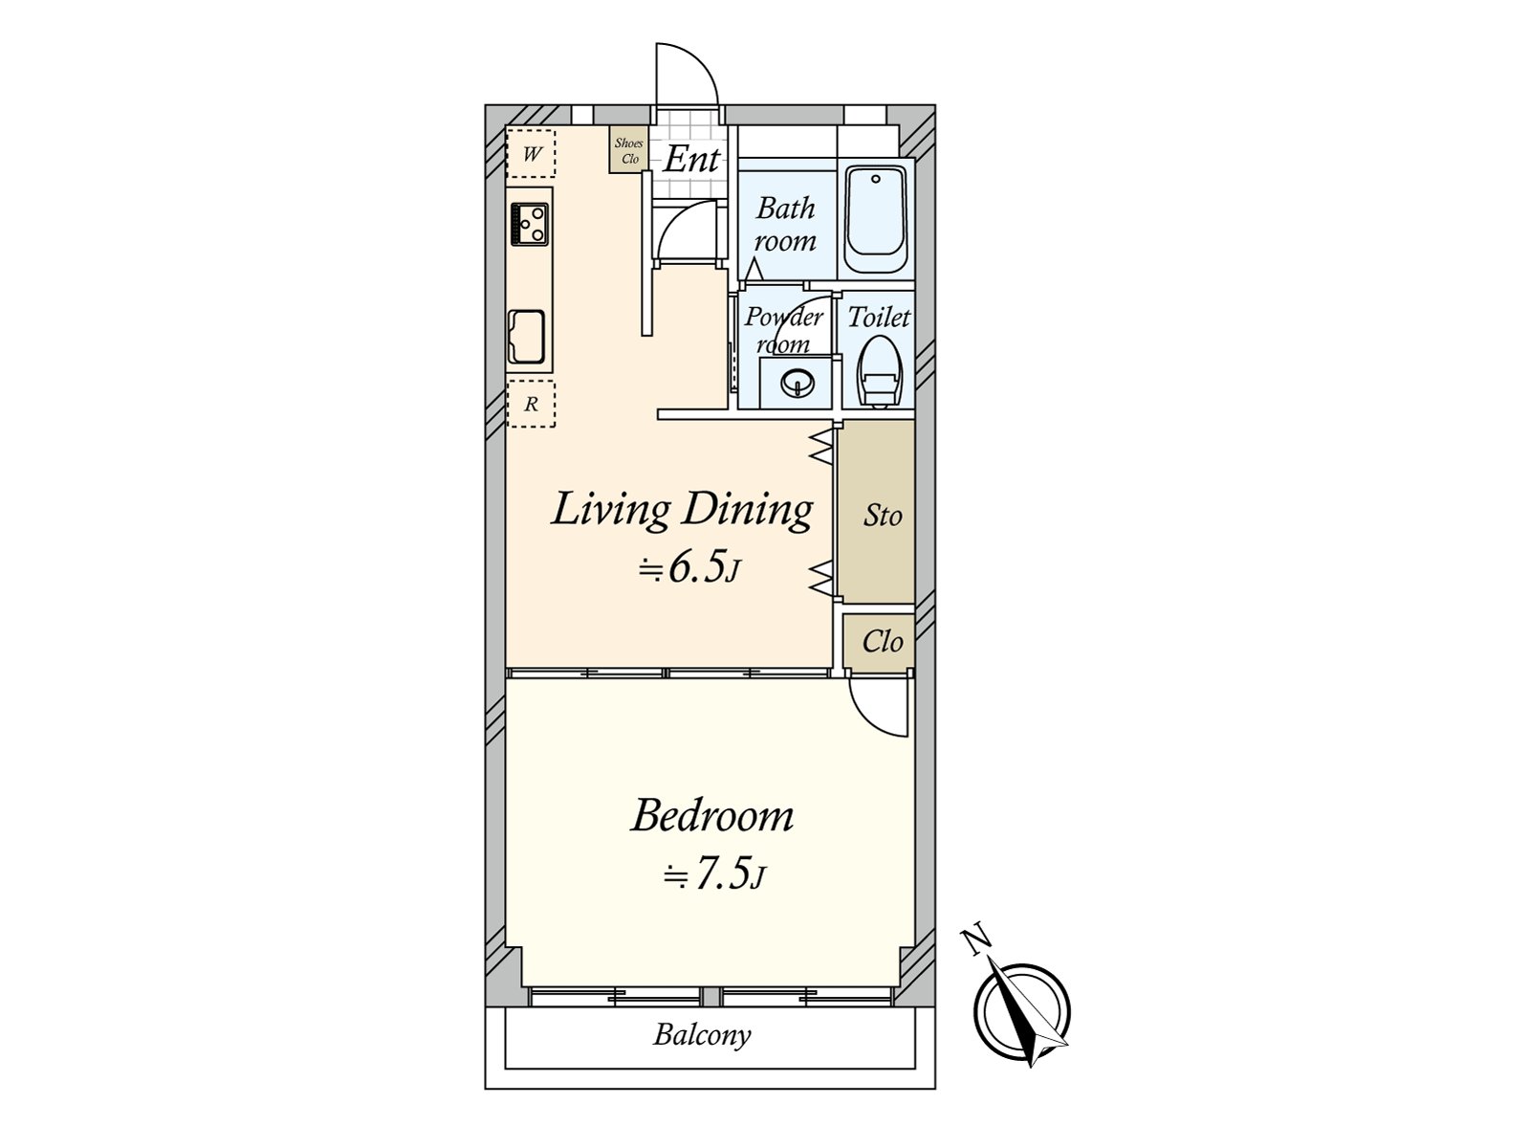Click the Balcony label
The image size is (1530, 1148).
coord(702,1034)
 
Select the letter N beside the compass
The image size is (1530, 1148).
coord(976,941)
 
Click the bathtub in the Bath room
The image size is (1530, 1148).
coord(876,222)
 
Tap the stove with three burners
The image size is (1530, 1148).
coord(529,224)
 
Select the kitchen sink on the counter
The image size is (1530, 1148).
coord(527,336)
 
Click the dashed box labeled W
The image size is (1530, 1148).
coord(531,154)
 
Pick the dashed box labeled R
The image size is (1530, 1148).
coord(531,404)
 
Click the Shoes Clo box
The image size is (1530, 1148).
coord(629,151)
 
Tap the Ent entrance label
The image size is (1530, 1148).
coord(691,160)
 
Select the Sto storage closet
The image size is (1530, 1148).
coord(881,515)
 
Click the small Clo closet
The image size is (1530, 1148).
coord(881,641)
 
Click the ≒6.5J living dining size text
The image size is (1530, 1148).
coord(689,569)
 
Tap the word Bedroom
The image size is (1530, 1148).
coord(712,816)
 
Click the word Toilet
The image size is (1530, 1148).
coord(879,317)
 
